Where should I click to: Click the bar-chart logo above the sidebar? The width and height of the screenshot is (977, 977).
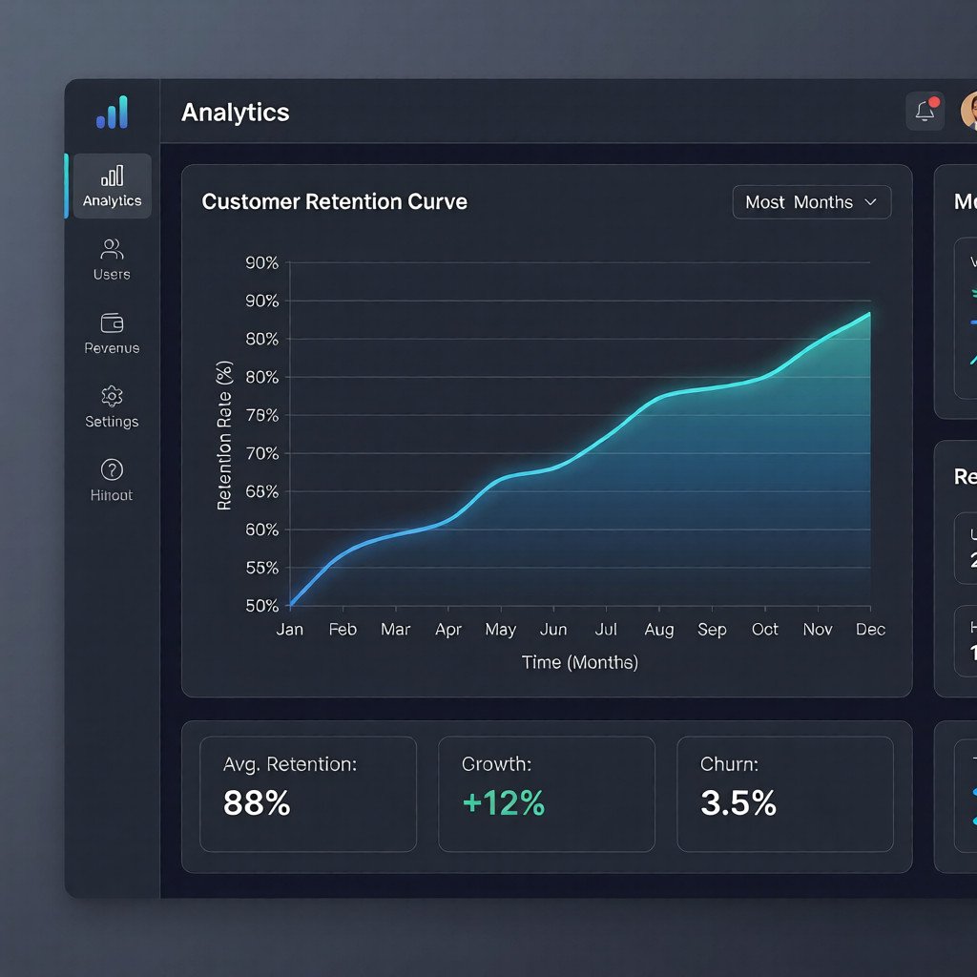tap(112, 113)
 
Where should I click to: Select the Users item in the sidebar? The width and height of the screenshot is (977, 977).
tap(112, 260)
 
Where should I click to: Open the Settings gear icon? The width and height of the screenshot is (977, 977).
tap(112, 396)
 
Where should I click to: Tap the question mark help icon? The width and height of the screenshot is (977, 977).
tap(112, 469)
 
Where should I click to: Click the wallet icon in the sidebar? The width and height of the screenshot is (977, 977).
tap(112, 322)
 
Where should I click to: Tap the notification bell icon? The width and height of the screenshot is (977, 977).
tap(925, 111)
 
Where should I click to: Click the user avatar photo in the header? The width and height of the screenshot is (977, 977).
tap(967, 111)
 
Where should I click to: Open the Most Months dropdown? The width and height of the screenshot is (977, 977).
tap(811, 202)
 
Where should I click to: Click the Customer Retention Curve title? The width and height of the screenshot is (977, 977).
tap(335, 202)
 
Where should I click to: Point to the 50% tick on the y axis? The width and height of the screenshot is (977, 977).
tap(262, 606)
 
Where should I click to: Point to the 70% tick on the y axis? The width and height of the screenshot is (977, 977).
tap(262, 453)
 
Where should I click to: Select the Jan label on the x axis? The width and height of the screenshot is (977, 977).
tap(289, 630)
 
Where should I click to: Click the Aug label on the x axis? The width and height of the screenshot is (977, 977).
tap(658, 630)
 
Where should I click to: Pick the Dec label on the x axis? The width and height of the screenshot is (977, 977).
tap(870, 630)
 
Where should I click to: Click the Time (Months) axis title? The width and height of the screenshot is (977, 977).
tap(580, 662)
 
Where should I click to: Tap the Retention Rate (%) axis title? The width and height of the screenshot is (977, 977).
tap(225, 435)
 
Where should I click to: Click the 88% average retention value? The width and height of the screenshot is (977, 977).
tap(257, 803)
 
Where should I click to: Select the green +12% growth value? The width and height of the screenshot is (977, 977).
tap(503, 803)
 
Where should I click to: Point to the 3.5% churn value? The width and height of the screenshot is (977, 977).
tap(738, 803)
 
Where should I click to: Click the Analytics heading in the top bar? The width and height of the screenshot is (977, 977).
tap(235, 113)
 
